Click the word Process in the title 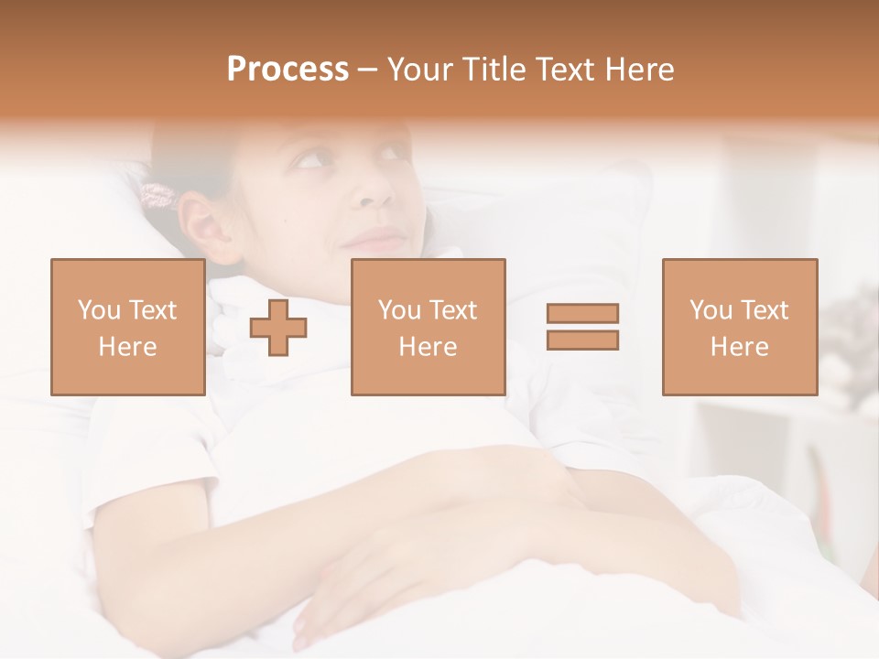[x=288, y=70]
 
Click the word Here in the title [x=640, y=70]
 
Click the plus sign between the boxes [x=278, y=328]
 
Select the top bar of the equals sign [x=582, y=314]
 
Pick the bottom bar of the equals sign [x=582, y=340]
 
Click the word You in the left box [x=98, y=310]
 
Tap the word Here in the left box [x=127, y=347]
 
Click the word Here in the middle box [x=428, y=347]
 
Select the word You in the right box [x=711, y=310]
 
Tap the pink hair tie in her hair [x=157, y=195]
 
